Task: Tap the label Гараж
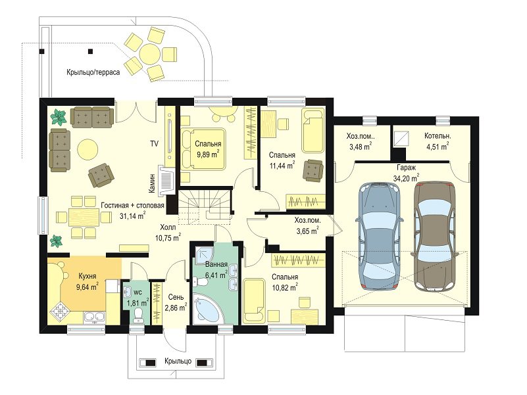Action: coord(406,168)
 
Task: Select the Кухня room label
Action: coord(88,276)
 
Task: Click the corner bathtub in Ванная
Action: coord(207,308)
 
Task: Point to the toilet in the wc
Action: coord(138,315)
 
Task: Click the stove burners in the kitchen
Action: coord(60,312)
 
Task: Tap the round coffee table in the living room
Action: coord(88,149)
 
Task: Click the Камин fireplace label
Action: coord(152,183)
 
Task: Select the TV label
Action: coord(154,144)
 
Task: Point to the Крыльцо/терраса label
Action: coord(93,72)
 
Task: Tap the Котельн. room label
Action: coord(438,136)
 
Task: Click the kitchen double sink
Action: coord(95,317)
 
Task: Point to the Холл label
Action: coord(168,227)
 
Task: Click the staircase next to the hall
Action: coord(204,206)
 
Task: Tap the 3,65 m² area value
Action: coord(307,231)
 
